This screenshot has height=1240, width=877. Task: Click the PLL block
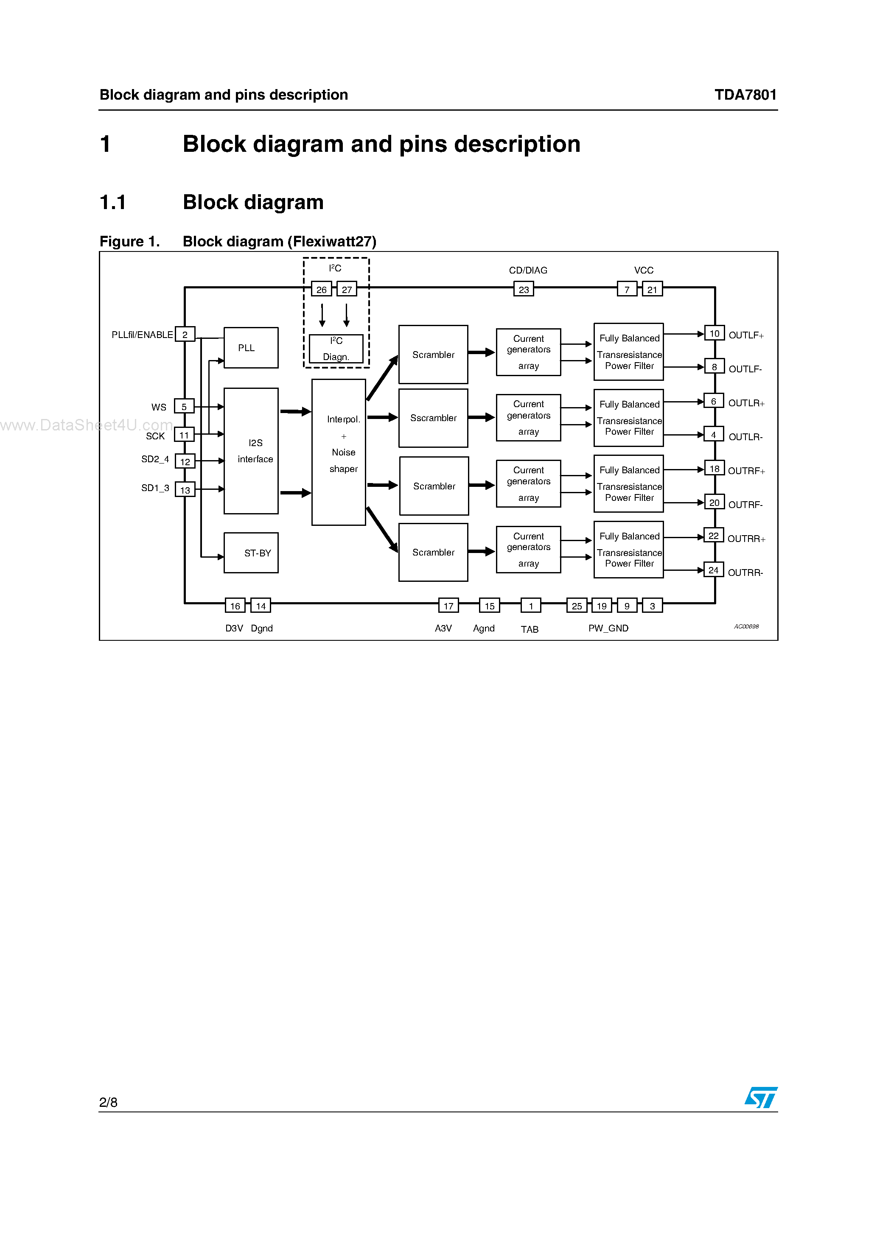251,348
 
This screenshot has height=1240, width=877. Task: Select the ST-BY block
251,553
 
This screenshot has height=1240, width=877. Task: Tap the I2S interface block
251,450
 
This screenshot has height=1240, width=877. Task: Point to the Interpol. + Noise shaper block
339,452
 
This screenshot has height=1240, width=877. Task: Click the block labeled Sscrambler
433,418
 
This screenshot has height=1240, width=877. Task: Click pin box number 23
524,290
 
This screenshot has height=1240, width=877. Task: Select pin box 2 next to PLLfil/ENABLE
185,334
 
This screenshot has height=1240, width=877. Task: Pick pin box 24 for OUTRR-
713,570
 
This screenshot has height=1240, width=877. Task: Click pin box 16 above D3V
235,606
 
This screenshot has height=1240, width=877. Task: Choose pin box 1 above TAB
531,606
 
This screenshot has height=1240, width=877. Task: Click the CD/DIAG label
528,270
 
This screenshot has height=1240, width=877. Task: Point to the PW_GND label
608,628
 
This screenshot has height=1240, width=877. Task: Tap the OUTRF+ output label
746,471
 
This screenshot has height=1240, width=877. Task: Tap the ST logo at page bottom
761,1098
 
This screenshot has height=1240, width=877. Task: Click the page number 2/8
108,1102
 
